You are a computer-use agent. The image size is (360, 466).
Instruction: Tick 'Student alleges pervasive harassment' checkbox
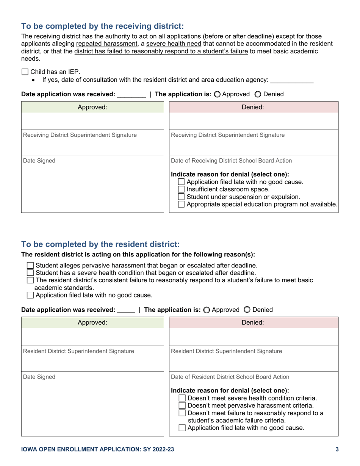point(31,265)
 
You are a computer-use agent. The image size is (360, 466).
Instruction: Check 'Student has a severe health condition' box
point(31,273)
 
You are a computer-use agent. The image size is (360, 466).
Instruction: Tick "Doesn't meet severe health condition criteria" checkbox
point(182,398)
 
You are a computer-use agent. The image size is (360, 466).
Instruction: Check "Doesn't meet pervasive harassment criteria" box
point(182,406)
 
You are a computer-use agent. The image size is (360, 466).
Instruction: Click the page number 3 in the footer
point(337,450)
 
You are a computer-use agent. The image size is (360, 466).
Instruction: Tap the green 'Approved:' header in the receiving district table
point(92,107)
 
